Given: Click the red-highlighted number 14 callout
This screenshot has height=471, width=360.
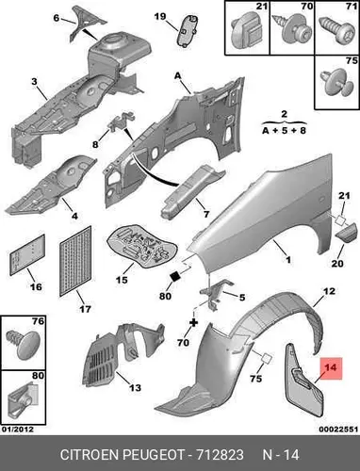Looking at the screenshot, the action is tap(331, 368).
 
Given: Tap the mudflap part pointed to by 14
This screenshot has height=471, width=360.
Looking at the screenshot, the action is tap(303, 379).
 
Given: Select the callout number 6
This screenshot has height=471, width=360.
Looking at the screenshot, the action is tap(57, 18).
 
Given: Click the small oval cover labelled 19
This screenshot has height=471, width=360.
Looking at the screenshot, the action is tap(188, 30).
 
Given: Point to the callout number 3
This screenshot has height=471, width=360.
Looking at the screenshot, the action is tap(34, 82).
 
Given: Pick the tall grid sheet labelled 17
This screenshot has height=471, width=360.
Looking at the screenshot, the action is tap(75, 261).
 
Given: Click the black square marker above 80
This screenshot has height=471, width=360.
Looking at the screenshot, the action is tap(174, 276).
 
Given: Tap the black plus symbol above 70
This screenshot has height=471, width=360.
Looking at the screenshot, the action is tap(194, 323).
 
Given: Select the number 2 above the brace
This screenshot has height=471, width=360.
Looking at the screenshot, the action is tap(284, 114).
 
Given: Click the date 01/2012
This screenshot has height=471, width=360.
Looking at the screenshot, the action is tap(17, 430).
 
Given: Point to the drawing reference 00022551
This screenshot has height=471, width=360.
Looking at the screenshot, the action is tap(338, 430).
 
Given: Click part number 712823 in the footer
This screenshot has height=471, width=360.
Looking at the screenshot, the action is tap(220, 455).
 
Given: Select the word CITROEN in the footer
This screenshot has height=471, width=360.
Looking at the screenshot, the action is tap(90, 455).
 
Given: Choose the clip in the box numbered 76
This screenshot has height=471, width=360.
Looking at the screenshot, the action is tap(24, 345).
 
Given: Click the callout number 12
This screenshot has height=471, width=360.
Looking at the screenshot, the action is tap(329, 291).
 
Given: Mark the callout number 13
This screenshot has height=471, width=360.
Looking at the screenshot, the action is tap(135, 388).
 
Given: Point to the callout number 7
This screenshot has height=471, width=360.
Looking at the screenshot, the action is tap(206, 214).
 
